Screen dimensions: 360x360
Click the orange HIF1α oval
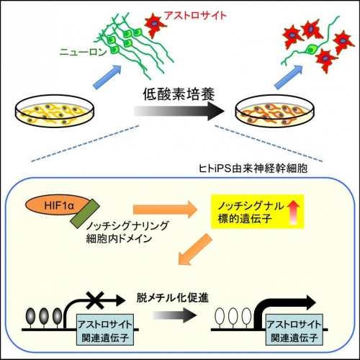[57, 207]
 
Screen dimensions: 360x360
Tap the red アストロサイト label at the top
[195, 16]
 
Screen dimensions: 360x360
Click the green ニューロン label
[83, 52]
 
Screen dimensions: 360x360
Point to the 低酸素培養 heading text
[179, 94]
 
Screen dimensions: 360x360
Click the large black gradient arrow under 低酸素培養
[179, 111]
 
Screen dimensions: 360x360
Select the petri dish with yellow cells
[55, 112]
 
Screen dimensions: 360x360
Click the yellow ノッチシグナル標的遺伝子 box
[257, 212]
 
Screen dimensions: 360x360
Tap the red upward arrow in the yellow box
[293, 212]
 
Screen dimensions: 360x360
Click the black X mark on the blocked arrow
[95, 300]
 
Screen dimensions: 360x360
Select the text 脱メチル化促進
[172, 297]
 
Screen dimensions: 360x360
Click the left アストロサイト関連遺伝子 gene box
[105, 330]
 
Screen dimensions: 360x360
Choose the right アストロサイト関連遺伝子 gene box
[294, 330]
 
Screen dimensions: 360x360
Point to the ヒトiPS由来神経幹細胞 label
[253, 168]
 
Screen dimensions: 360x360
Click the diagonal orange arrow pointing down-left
[195, 250]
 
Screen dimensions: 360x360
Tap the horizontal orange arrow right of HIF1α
[165, 210]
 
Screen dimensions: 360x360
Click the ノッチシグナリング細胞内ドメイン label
[127, 232]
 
